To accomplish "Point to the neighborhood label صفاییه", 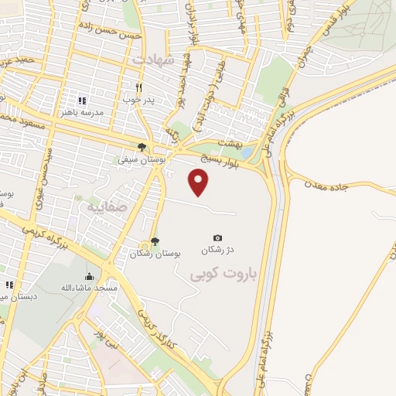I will pyautogui.click(x=96, y=207).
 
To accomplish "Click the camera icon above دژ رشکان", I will pyautogui.click(x=217, y=237).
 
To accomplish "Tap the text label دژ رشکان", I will pyautogui.click(x=217, y=251).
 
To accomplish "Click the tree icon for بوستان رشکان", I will pyautogui.click(x=155, y=241).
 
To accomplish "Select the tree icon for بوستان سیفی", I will pyautogui.click(x=141, y=147).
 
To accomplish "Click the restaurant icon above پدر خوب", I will pyautogui.click(x=139, y=87).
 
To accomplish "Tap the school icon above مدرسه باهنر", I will pyautogui.click(x=82, y=100).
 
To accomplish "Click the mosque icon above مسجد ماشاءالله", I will pyautogui.click(x=90, y=277).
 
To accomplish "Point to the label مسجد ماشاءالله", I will pyautogui.click(x=90, y=288).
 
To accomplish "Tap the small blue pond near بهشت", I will pyautogui.click(x=245, y=152).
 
